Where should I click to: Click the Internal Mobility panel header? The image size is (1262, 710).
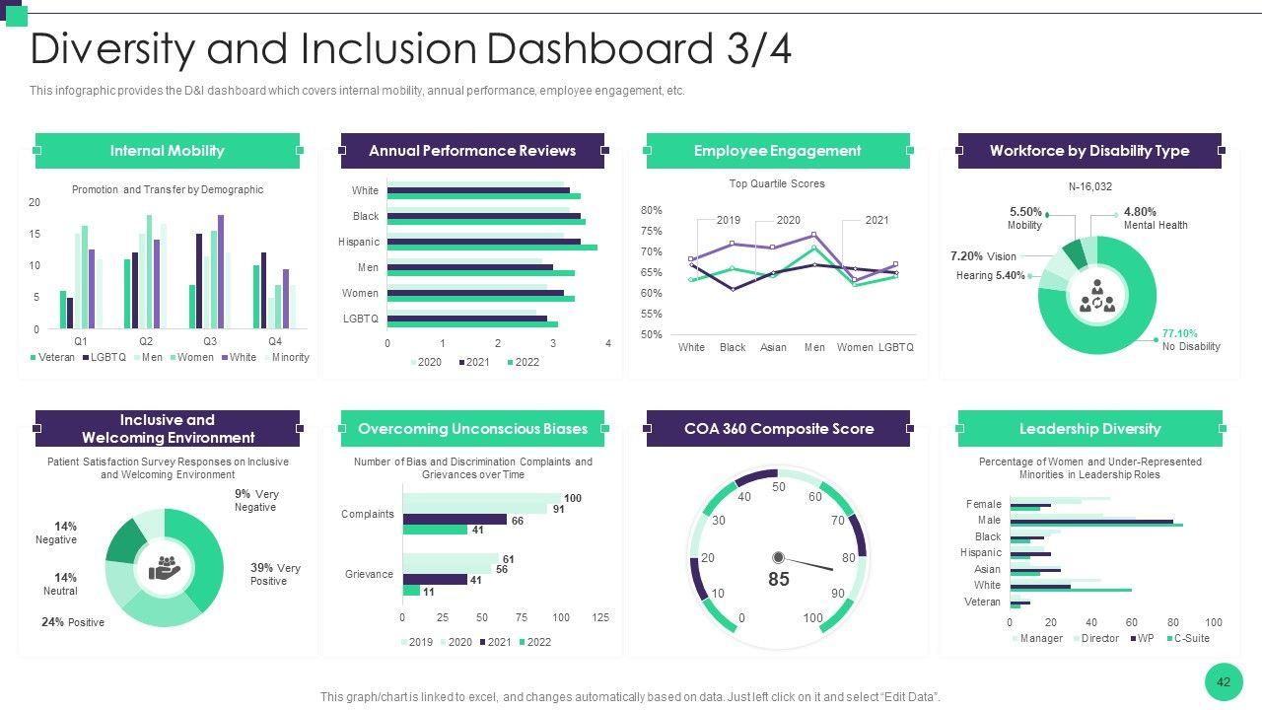[168, 151]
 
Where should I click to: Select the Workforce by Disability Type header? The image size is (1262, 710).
[1089, 151]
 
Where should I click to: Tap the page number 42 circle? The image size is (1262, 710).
[1224, 682]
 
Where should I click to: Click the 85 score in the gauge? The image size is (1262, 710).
[779, 580]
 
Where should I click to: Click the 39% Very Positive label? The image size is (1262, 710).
[274, 574]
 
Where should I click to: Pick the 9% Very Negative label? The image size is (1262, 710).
[256, 500]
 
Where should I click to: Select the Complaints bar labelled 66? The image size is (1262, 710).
[455, 520]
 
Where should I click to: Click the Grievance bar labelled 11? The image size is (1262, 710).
[411, 591]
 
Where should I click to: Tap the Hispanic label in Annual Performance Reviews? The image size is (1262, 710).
[359, 242]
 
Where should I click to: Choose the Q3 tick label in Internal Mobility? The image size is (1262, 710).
[210, 340]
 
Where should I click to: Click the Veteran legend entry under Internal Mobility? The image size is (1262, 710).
[53, 357]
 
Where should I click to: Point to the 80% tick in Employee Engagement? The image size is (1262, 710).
[651, 210]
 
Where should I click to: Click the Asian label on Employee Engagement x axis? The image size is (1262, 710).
[773, 347]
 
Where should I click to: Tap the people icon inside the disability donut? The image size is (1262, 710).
[1097, 295]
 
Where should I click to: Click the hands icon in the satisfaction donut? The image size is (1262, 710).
[165, 567]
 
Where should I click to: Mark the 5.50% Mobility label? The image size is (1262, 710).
[1025, 218]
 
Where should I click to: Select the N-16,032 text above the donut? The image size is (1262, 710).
[1089, 186]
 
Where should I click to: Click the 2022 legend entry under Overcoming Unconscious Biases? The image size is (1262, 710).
[534, 642]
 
